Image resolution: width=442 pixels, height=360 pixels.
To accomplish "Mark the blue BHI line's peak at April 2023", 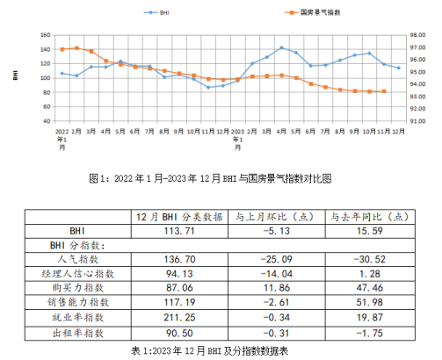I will [281, 47].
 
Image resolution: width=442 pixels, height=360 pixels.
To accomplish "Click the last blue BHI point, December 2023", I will [399, 68].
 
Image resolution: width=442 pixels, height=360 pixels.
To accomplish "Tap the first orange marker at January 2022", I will [62, 49].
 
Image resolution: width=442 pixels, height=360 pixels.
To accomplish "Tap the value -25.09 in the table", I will [276, 260].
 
